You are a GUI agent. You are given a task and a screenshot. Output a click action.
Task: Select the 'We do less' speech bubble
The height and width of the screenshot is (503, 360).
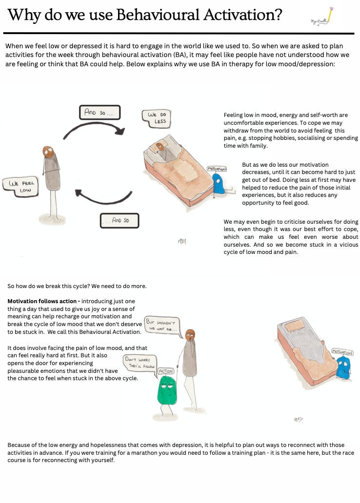(x=155, y=118)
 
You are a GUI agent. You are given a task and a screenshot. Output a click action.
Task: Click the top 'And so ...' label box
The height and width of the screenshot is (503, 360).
(x=99, y=112)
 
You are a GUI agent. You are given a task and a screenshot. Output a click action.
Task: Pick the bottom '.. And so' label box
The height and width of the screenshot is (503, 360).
(x=119, y=220)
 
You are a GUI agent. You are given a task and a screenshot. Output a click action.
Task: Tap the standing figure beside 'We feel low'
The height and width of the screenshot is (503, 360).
(x=51, y=180)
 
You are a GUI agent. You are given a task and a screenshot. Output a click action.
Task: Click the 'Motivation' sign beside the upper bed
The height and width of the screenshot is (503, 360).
(x=217, y=169)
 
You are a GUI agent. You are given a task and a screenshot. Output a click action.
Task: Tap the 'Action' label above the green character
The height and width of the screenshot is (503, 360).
(x=165, y=371)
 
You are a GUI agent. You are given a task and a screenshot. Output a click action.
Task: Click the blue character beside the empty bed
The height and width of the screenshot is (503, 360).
(x=343, y=367)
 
